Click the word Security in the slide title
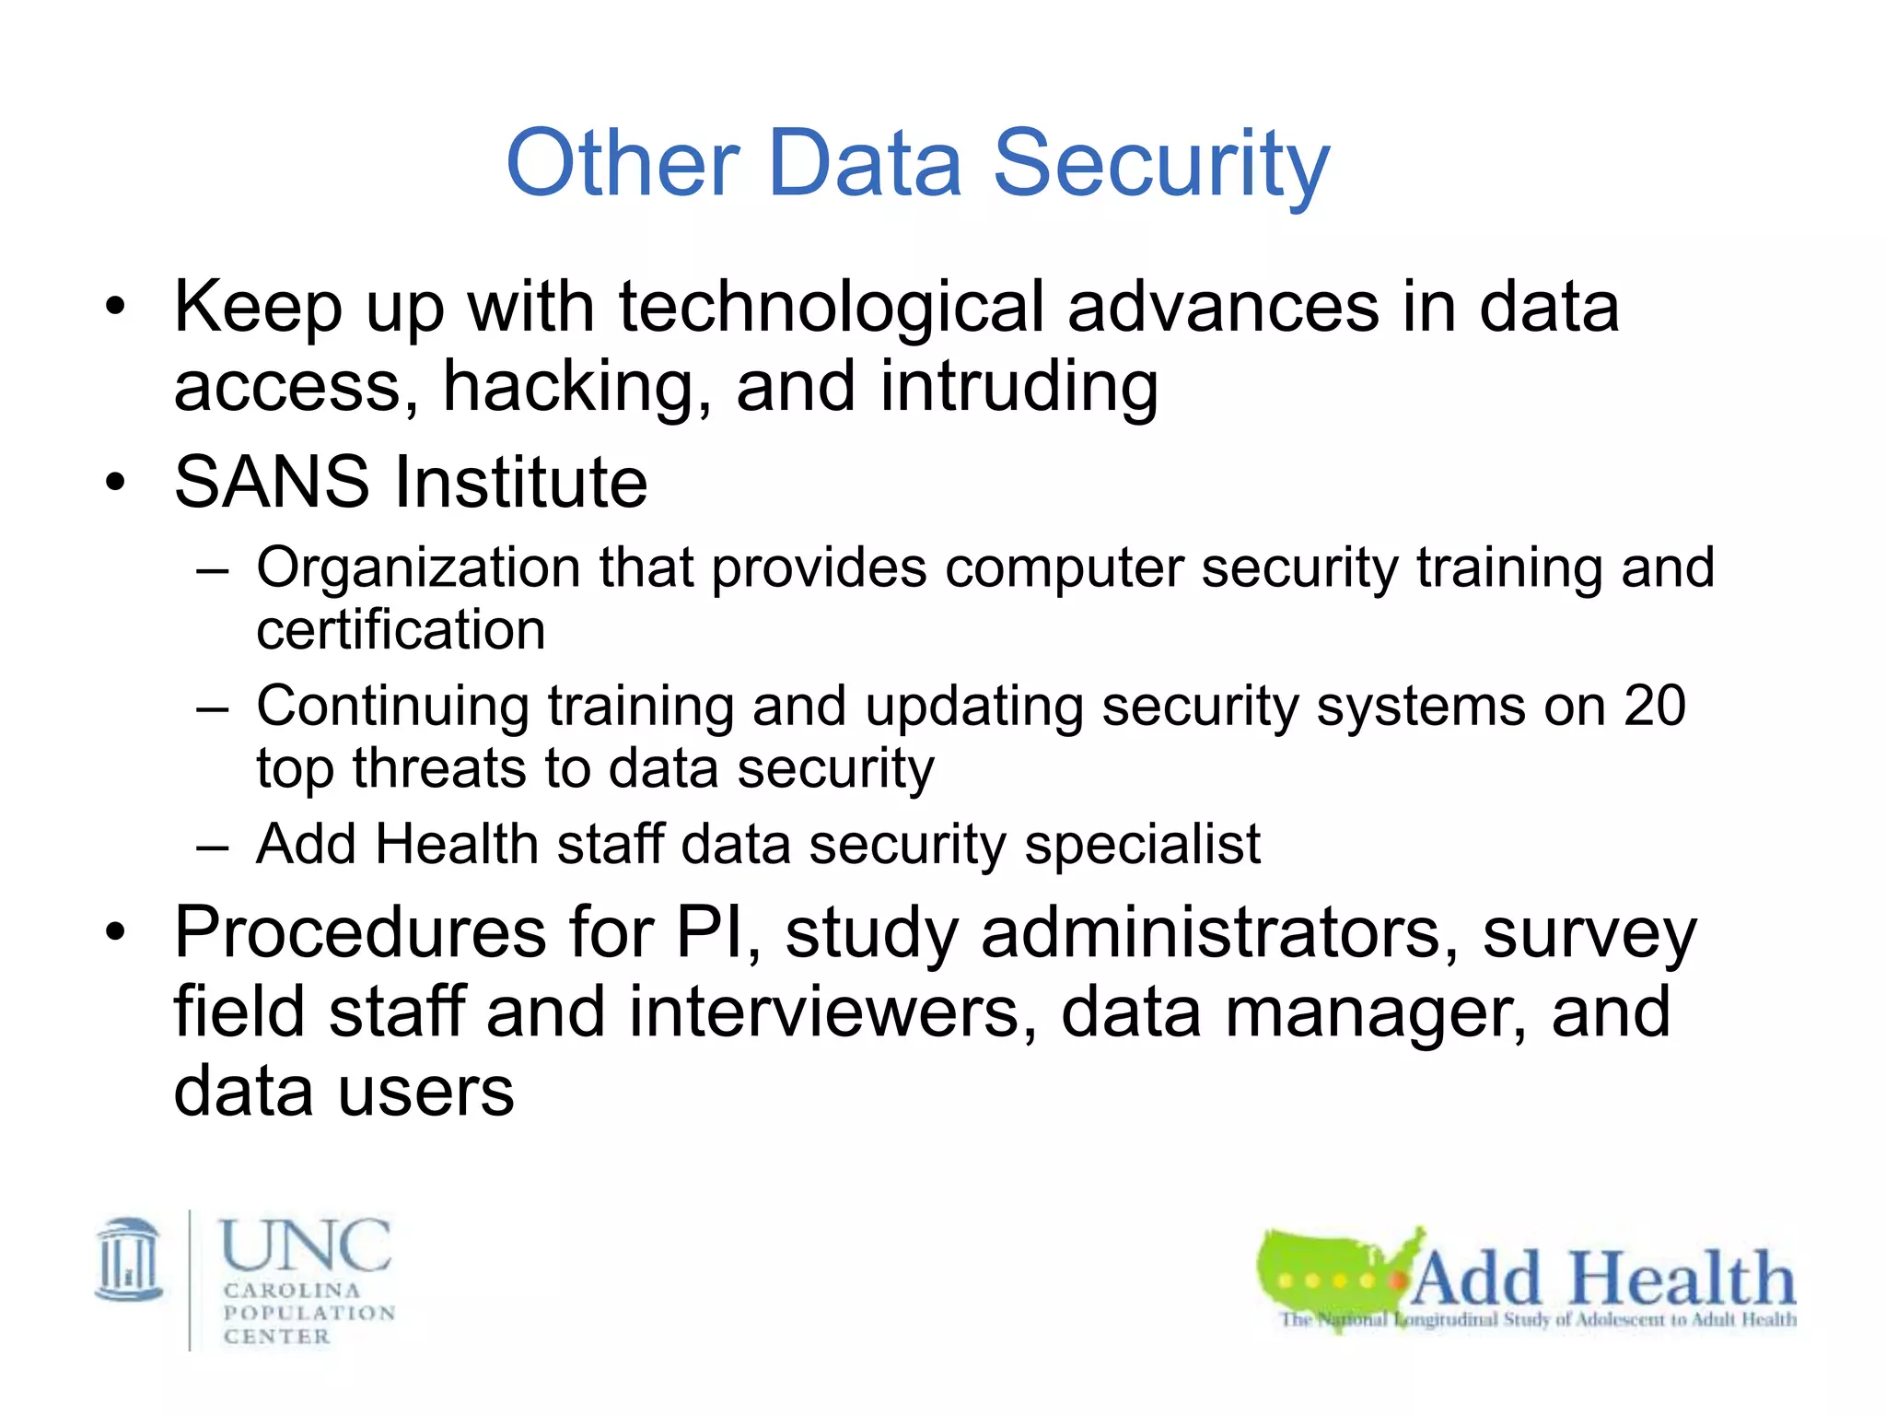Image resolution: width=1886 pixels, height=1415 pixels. click(x=1161, y=165)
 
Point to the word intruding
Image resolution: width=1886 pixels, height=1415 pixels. click(x=1019, y=386)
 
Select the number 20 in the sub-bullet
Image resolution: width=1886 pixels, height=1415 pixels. click(x=1654, y=706)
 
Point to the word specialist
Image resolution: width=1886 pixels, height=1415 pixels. click(x=1142, y=844)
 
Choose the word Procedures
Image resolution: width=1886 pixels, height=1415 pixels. click(x=360, y=932)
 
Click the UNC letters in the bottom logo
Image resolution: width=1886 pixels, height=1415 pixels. click(x=306, y=1245)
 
